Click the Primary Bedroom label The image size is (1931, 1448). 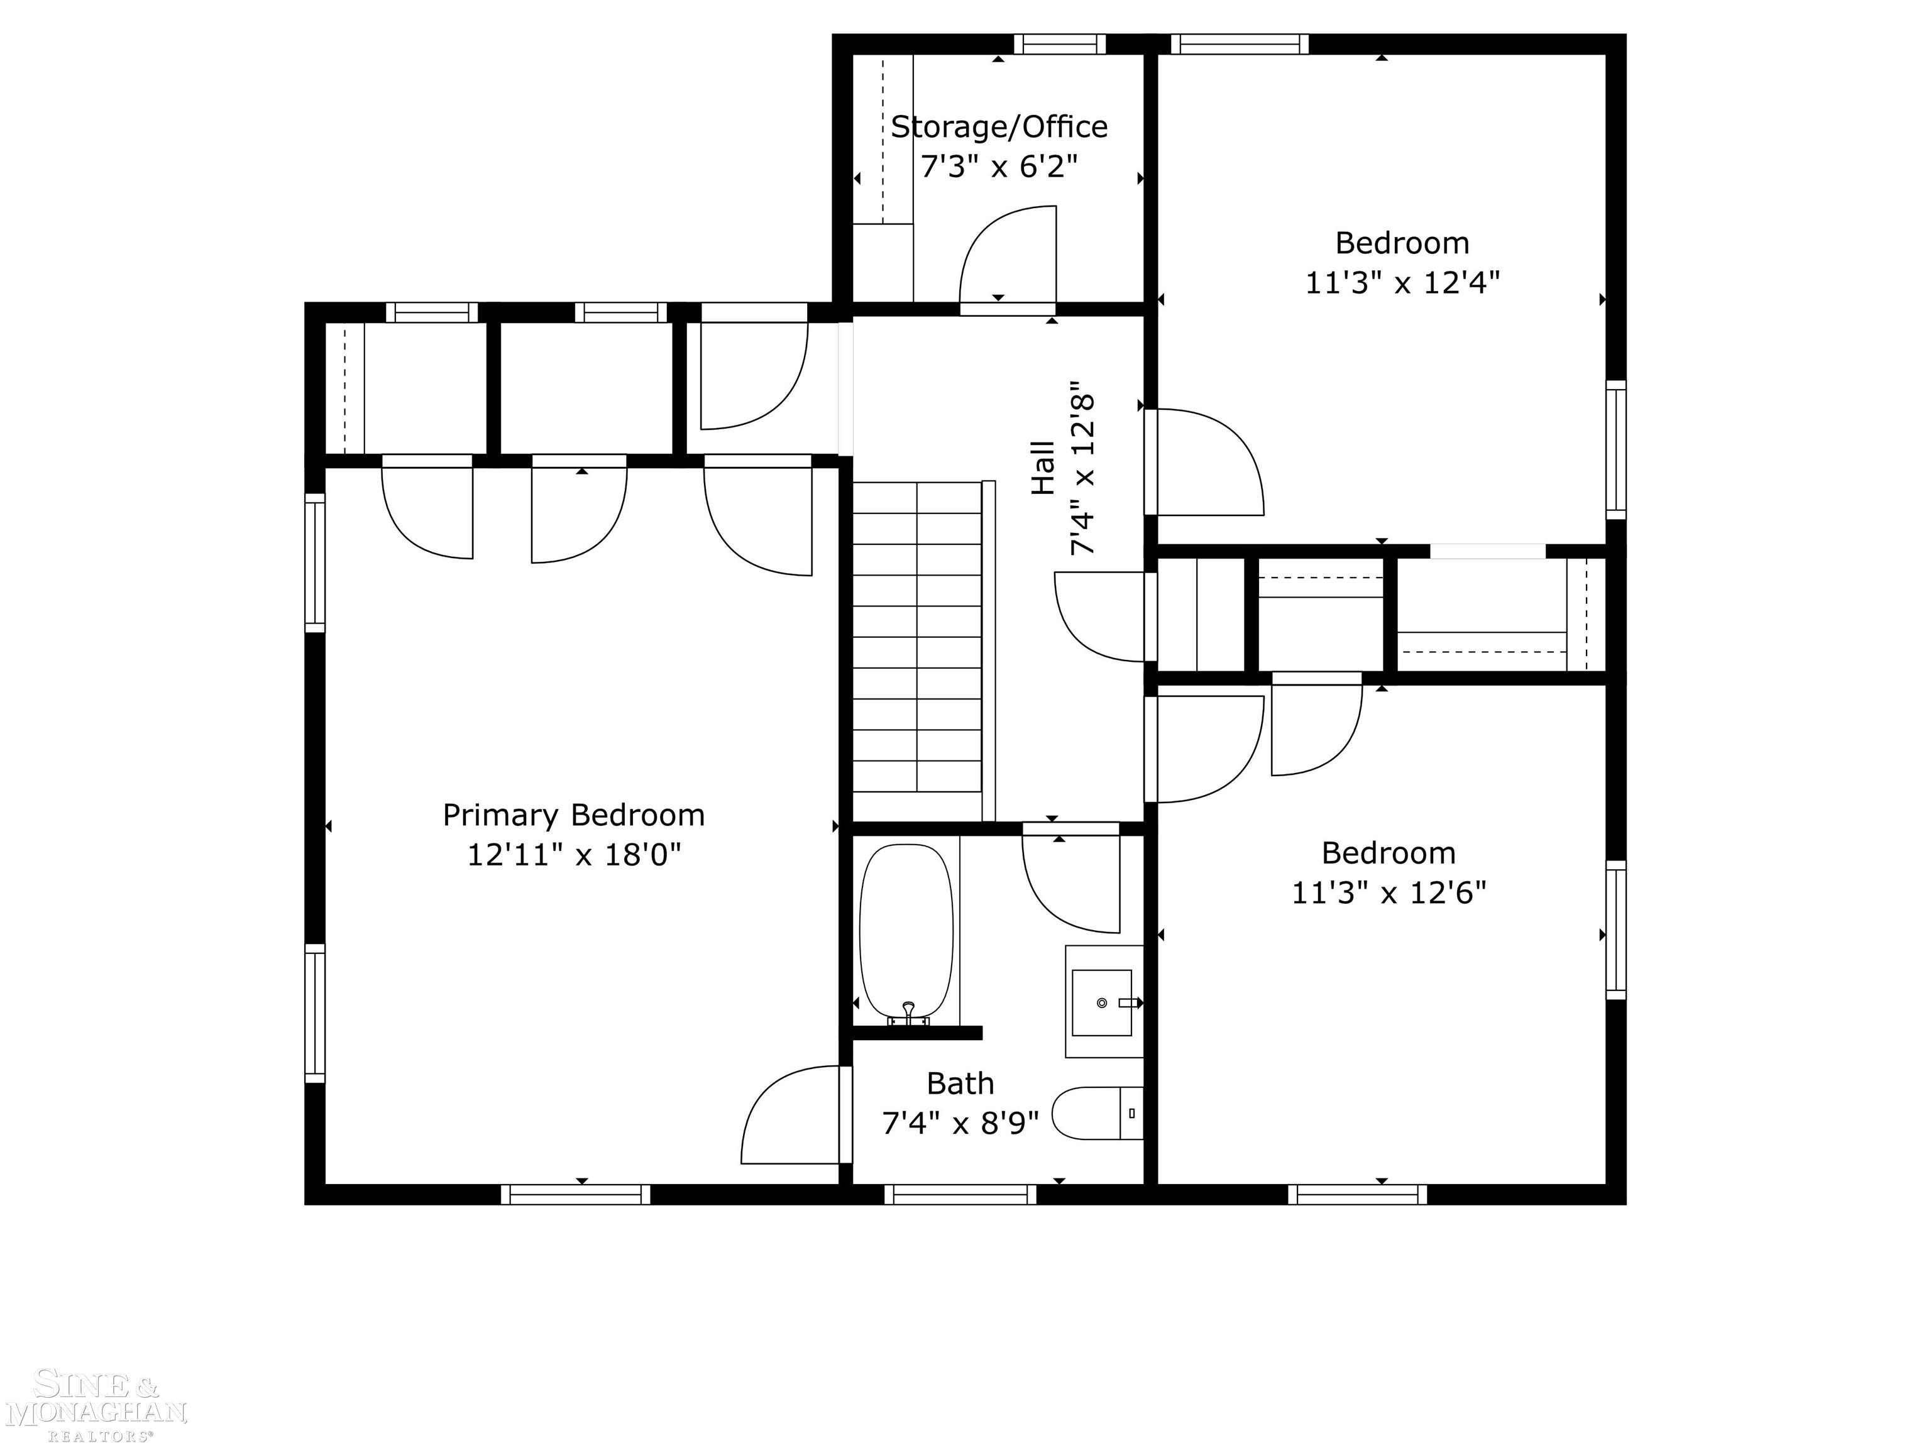click(573, 815)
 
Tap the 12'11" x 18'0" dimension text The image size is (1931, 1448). click(573, 855)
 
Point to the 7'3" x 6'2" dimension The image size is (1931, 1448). click(999, 166)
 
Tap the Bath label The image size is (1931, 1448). click(960, 1083)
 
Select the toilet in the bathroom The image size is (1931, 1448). click(1098, 1113)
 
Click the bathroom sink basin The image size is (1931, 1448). click(1102, 1002)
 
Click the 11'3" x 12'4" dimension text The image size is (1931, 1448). click(1402, 283)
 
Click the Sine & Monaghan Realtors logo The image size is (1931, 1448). click(96, 1405)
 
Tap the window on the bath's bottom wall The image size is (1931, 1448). click(960, 1195)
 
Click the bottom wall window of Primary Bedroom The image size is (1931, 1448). click(575, 1195)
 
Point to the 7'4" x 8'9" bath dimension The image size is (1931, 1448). click(960, 1123)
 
